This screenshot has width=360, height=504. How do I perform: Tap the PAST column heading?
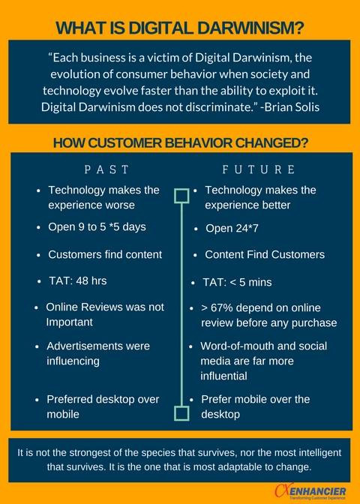pyautogui.click(x=106, y=169)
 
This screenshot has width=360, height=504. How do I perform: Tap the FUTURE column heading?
pyautogui.click(x=259, y=169)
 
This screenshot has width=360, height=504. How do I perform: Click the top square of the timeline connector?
pyautogui.click(x=181, y=196)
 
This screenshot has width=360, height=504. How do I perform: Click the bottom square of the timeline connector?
pyautogui.click(x=181, y=413)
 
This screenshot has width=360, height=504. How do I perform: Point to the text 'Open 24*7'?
pyautogui.click(x=232, y=229)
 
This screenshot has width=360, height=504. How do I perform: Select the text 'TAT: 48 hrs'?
pyautogui.click(x=77, y=281)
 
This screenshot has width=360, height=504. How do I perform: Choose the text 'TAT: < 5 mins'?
pyautogui.click(x=237, y=283)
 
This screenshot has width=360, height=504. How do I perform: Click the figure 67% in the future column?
pyautogui.click(x=223, y=308)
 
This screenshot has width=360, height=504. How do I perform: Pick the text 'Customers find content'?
pyautogui.click(x=105, y=254)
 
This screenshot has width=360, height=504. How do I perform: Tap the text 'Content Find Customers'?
pyautogui.click(x=265, y=254)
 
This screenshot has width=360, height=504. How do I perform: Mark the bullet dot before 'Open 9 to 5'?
pyautogui.click(x=39, y=228)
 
